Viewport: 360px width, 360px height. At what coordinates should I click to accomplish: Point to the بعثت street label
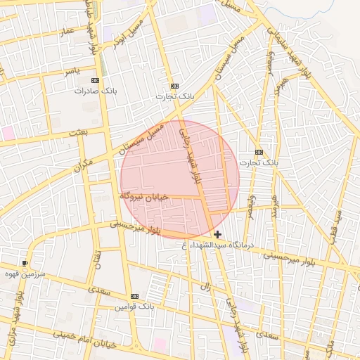(78, 132)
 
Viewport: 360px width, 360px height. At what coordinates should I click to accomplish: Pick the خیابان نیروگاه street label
(143, 196)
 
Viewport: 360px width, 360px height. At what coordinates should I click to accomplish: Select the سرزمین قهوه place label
(25, 272)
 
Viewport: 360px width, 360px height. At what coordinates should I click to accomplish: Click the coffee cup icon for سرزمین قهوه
(26, 263)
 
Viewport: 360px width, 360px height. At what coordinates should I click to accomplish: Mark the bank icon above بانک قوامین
(134, 297)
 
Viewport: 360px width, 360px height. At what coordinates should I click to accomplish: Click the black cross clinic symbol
(218, 234)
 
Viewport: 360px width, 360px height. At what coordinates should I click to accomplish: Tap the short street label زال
(206, 287)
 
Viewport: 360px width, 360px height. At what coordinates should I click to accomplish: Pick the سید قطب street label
(339, 226)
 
